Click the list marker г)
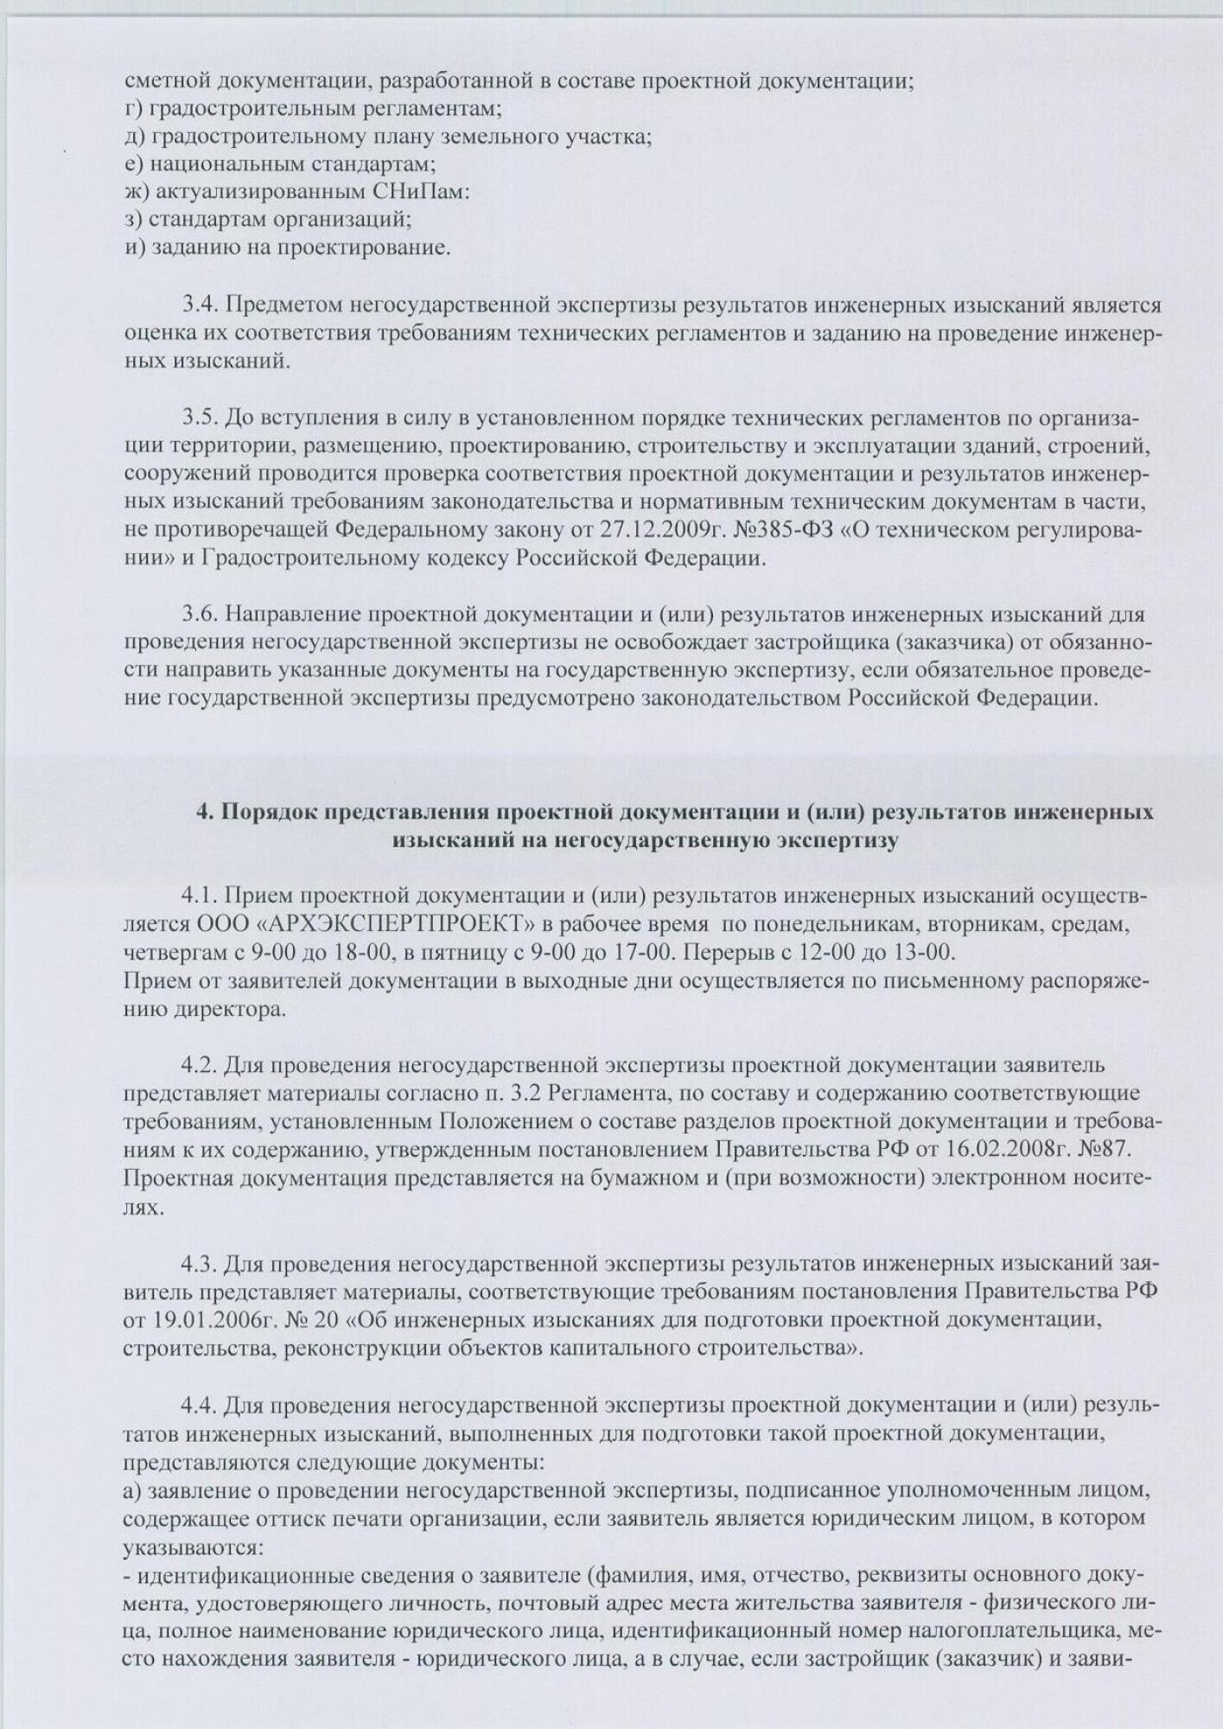(x=134, y=109)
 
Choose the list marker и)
(x=134, y=248)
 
